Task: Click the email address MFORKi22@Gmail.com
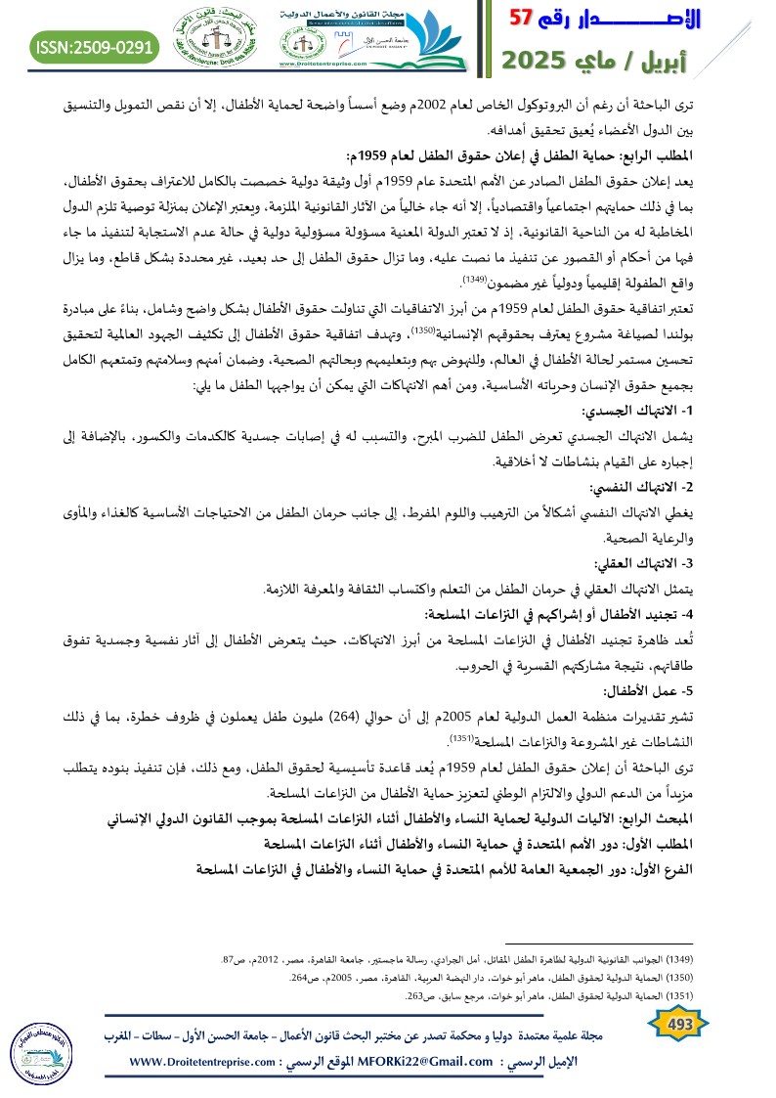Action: (427, 1062)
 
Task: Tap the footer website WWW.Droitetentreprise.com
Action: (206, 1062)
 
